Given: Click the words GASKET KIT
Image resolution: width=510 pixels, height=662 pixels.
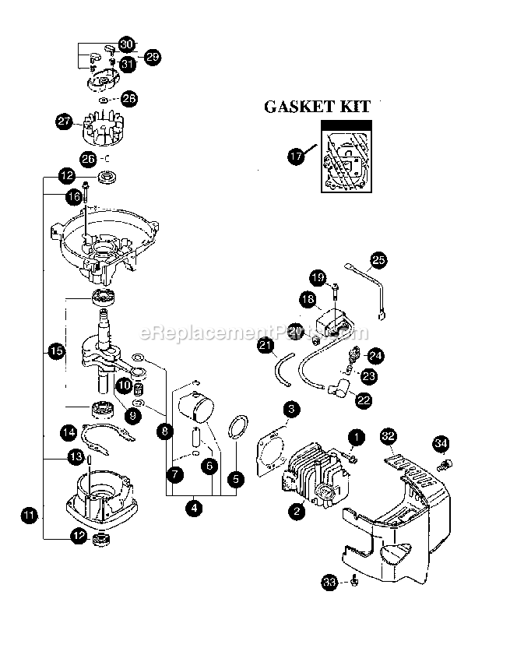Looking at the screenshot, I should tap(317, 107).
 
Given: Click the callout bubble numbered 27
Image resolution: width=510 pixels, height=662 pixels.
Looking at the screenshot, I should tap(65, 121).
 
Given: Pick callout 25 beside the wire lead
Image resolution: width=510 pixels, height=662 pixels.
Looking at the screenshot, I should tap(378, 259).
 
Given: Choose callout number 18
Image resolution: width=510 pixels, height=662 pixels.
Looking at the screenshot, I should tap(307, 298).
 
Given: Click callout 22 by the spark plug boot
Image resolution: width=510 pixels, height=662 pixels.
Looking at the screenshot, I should tap(363, 400).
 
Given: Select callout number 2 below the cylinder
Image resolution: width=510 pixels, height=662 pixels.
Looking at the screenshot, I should tap(296, 512).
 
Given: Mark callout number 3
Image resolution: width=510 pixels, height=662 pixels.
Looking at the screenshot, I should tap(290, 408).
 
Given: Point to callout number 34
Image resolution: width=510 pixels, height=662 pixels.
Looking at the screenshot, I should tap(441, 443).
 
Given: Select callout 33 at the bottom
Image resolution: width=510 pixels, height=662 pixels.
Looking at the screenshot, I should tap(330, 580).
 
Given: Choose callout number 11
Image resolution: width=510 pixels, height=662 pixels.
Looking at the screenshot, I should tap(29, 514).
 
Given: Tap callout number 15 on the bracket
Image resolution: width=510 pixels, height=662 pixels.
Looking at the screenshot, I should tap(55, 351).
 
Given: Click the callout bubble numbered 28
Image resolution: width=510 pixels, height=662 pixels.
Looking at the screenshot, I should tap(129, 99).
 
